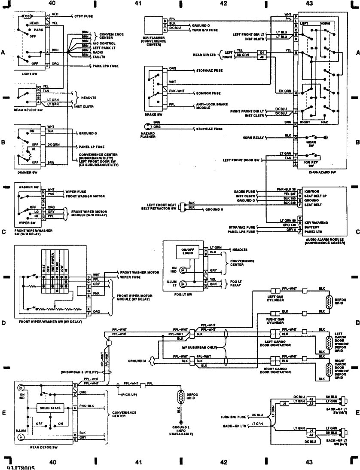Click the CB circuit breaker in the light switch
click(27, 16)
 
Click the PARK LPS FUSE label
click(106, 66)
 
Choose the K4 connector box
click(261, 51)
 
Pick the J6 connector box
click(261, 56)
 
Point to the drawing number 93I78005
click(20, 467)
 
